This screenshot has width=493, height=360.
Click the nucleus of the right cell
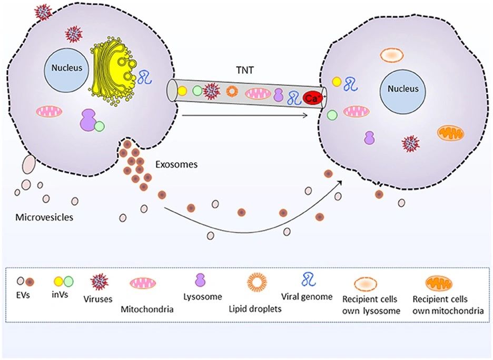pyautogui.click(x=403, y=89)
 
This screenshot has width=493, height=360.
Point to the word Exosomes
pyautogui.click(x=176, y=165)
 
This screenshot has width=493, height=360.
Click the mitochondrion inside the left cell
pyautogui.click(x=49, y=112)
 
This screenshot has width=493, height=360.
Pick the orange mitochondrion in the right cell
pyautogui.click(x=451, y=133)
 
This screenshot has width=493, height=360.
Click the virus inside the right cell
pyautogui.click(x=410, y=143)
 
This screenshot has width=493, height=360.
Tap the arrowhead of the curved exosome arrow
pyautogui.click(x=341, y=180)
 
